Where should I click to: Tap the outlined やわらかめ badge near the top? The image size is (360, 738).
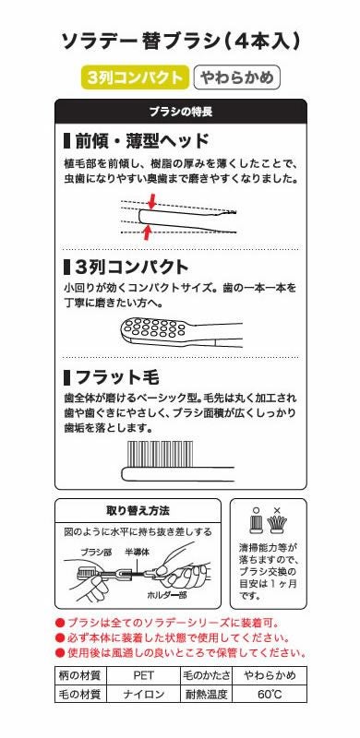(x=236, y=78)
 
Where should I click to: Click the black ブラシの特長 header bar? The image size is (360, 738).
(x=181, y=111)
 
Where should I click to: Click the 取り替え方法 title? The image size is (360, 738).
(x=138, y=510)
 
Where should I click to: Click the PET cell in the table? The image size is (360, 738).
(x=136, y=675)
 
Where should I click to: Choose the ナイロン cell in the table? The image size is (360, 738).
(x=136, y=693)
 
